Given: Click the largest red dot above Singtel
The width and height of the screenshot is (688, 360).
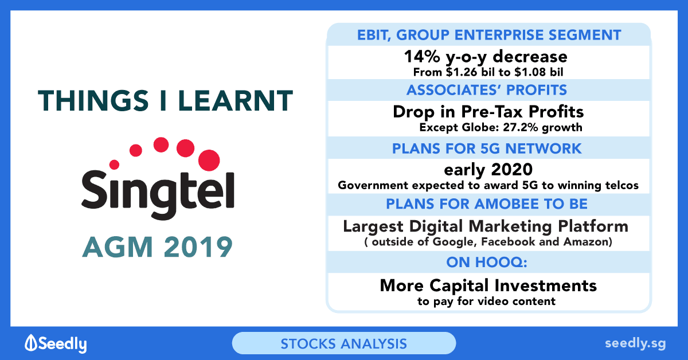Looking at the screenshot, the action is [x=209, y=160].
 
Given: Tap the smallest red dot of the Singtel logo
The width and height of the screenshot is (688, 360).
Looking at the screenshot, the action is [x=114, y=165].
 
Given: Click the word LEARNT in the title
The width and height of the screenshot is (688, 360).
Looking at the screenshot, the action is [x=235, y=100].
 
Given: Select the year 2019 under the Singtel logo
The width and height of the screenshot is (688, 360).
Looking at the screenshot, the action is [x=198, y=246].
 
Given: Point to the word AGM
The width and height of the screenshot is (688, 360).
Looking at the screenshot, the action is [x=118, y=246].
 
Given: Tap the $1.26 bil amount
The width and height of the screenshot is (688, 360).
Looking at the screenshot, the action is [x=470, y=72].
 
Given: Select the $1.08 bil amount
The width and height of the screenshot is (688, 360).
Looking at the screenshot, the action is [x=539, y=72].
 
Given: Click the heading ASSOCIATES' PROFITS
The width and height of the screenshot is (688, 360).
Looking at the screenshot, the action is [x=487, y=90].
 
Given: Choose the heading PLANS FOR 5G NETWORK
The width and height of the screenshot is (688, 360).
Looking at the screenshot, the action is [x=487, y=148].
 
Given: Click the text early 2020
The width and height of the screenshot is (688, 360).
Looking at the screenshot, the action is [x=488, y=170].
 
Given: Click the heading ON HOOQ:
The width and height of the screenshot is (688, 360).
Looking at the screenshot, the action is [x=487, y=263].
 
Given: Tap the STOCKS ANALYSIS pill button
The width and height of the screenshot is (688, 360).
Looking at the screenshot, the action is [x=343, y=343].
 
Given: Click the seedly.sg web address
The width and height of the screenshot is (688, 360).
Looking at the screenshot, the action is [x=635, y=344].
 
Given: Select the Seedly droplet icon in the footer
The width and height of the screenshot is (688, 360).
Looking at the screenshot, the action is [x=31, y=342].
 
